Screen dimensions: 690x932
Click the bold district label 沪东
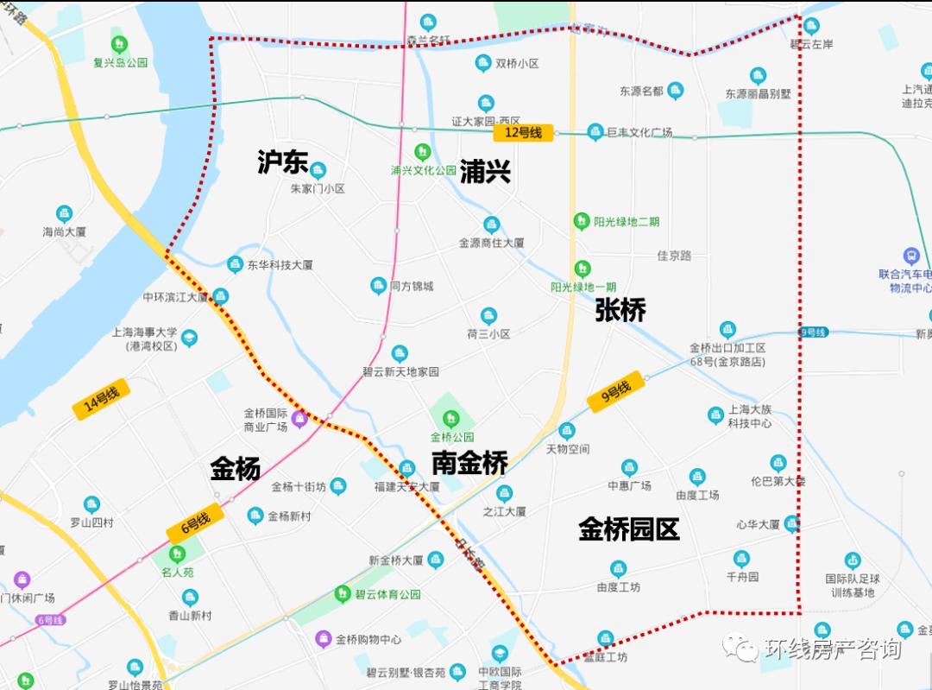pos(282,161)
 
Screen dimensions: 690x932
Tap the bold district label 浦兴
pos(485,171)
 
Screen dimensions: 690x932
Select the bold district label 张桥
pos(620,310)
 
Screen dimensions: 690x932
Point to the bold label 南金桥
pos(469,463)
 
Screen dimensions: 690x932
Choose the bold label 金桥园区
pos(629,529)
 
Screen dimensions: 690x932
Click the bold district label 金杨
pos(235,469)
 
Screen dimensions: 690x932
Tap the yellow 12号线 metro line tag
pos(523,133)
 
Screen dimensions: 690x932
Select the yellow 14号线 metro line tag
pos(102,401)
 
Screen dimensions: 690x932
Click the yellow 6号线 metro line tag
pos(196,522)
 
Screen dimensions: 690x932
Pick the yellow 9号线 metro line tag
pos(615,391)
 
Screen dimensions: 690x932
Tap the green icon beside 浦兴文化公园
pos(422,151)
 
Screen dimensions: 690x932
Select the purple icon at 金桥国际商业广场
pos(299,420)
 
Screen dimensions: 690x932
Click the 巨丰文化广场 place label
pos(639,133)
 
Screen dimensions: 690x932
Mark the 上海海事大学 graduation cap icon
pos(189,338)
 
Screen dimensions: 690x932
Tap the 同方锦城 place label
pos(412,286)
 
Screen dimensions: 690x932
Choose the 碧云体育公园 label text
pos(387,594)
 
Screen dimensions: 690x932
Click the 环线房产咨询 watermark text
pos(832,649)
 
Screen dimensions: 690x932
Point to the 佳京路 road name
pos(674,256)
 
